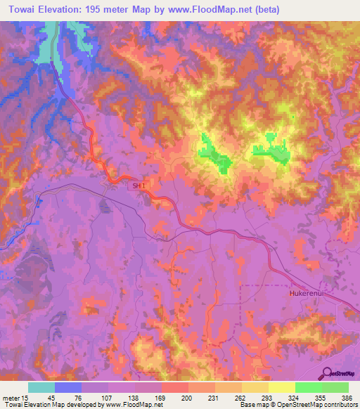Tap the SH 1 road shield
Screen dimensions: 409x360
coord(138,186)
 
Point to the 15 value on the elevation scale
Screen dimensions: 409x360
coord(27,397)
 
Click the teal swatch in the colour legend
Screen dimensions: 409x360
coord(41,387)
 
